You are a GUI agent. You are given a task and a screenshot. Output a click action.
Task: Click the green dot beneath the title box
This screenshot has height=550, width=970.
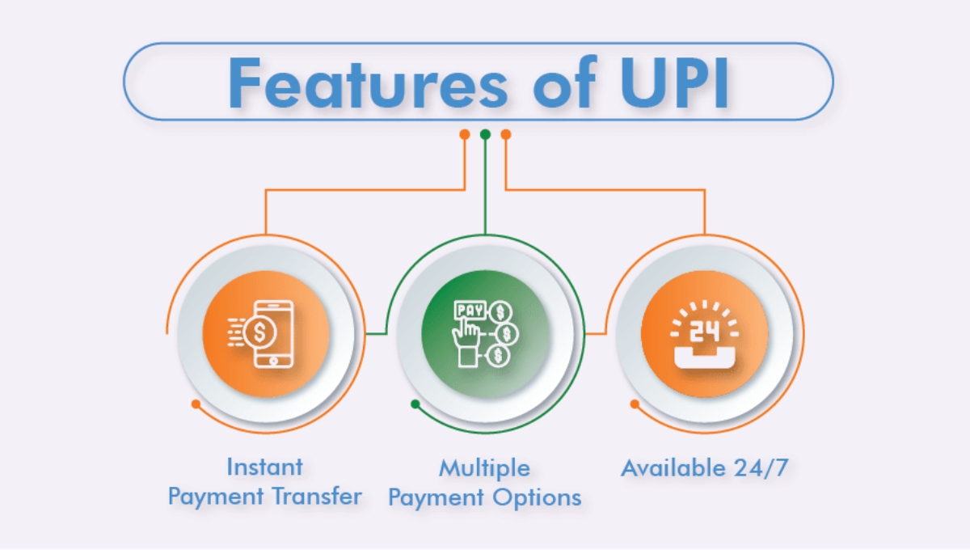485,134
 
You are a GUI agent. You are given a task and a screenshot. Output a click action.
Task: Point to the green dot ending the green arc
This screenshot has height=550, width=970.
415,403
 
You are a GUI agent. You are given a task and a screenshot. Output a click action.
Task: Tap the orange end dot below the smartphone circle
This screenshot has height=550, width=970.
195,403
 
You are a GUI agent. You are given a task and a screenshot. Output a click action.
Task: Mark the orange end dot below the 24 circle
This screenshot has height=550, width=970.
635,403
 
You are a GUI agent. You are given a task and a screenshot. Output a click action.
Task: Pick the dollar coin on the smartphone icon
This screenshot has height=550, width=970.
260,331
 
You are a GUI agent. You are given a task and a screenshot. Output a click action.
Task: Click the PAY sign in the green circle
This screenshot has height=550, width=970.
467,310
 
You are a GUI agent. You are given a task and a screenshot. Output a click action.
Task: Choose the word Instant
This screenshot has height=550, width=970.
264,467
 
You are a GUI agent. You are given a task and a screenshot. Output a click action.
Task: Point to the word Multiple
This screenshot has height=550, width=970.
484,468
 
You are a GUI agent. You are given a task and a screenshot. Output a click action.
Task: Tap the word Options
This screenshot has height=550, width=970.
542,497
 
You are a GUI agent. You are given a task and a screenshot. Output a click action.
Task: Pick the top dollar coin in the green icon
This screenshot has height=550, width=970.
502,311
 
